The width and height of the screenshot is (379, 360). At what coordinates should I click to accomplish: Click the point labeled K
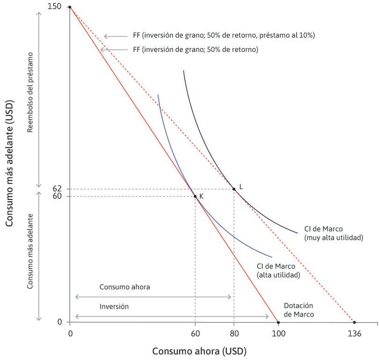point(195,196)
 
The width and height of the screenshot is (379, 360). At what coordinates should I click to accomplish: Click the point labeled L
point(234,189)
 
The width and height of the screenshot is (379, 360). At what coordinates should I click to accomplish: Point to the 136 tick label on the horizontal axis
point(354,334)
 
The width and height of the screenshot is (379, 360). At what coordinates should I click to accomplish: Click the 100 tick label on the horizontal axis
point(278,334)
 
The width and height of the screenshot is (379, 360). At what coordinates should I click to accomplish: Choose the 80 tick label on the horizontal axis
point(234,334)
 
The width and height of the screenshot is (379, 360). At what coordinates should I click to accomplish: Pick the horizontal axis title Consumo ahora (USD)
point(199,351)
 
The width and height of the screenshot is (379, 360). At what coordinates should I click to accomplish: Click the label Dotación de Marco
point(299,310)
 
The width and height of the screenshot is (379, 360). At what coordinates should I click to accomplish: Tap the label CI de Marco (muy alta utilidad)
point(333,233)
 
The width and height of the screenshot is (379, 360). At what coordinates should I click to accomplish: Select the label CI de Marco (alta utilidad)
point(278,270)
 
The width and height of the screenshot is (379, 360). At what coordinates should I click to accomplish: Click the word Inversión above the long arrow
point(114,307)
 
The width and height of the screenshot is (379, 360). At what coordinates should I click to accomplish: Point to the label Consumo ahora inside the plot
point(124,287)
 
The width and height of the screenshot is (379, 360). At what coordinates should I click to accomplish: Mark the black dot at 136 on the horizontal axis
point(354,322)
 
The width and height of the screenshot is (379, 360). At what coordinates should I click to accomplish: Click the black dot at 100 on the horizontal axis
point(278,322)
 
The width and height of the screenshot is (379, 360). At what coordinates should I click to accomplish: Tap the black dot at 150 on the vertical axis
point(70,7)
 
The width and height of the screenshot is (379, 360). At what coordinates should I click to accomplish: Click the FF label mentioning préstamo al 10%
point(224,35)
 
